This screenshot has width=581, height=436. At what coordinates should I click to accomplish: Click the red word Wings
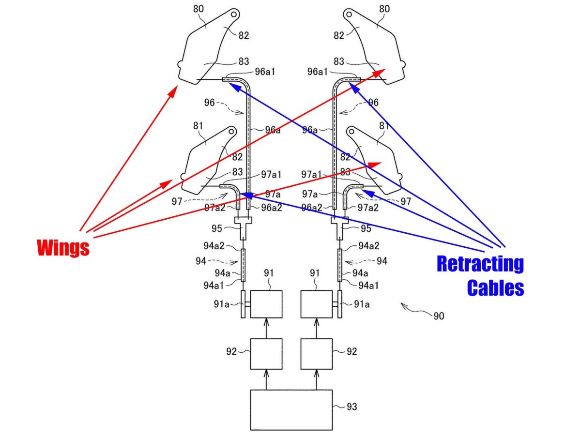(x=63, y=248)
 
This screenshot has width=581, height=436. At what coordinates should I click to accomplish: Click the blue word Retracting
(x=480, y=264)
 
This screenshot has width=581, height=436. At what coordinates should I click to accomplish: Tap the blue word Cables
(x=495, y=287)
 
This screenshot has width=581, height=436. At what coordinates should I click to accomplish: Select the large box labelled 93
(x=291, y=410)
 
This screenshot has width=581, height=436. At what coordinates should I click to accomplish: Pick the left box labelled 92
(x=266, y=354)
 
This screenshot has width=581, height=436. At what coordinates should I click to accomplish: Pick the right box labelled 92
(x=316, y=354)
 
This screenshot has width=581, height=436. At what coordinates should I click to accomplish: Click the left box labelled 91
(x=266, y=304)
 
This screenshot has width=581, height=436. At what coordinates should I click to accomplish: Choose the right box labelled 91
(x=316, y=304)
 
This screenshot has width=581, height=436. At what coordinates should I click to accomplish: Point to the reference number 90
(x=439, y=316)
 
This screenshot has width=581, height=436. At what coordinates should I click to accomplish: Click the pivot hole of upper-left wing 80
(x=234, y=14)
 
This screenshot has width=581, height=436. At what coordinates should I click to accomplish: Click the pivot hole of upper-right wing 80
(x=349, y=14)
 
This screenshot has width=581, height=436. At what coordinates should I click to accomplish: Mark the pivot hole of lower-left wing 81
(x=231, y=132)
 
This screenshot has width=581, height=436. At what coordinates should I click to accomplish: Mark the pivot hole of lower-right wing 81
(x=352, y=132)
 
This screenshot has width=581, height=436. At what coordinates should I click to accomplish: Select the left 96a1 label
(x=265, y=72)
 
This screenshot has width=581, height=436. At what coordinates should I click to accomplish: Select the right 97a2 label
(x=368, y=208)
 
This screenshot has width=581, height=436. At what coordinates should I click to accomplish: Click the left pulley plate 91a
(x=243, y=304)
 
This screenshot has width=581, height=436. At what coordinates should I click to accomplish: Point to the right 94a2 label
(x=369, y=246)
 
